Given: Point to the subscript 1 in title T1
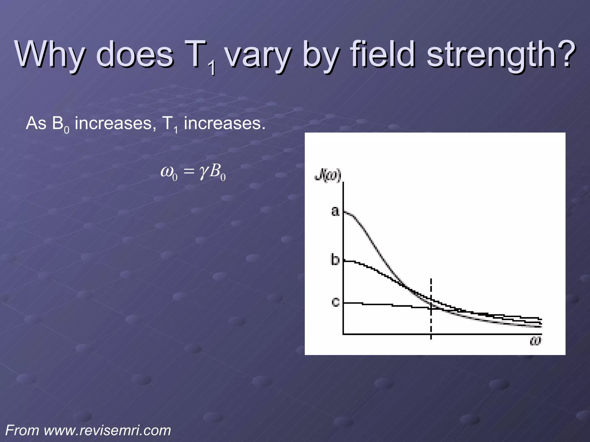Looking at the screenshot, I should (x=213, y=68).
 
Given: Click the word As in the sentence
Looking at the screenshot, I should (x=36, y=124).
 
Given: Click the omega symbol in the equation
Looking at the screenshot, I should (x=167, y=172).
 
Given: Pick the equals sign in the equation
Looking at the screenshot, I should (x=189, y=172).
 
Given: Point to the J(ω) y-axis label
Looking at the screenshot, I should (x=328, y=176).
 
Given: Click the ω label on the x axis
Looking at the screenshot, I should (x=535, y=341).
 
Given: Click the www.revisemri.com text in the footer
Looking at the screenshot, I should (x=107, y=431).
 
